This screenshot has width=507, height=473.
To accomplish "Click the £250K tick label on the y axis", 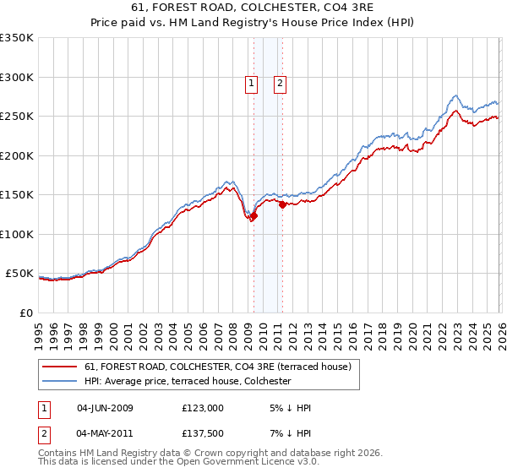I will tap(17, 117).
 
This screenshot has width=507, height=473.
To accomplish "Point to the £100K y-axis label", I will tap(17, 234).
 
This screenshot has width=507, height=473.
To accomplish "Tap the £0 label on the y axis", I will tap(25, 313).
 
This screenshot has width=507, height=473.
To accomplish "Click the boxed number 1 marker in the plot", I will tap(252, 83).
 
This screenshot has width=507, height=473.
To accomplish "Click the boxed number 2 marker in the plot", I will tap(280, 83).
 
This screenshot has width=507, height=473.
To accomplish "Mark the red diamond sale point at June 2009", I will tap(253, 216).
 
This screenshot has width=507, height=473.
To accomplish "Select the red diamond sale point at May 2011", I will tap(282, 204).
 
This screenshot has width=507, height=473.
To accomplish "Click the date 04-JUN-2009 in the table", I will tap(105, 408).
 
